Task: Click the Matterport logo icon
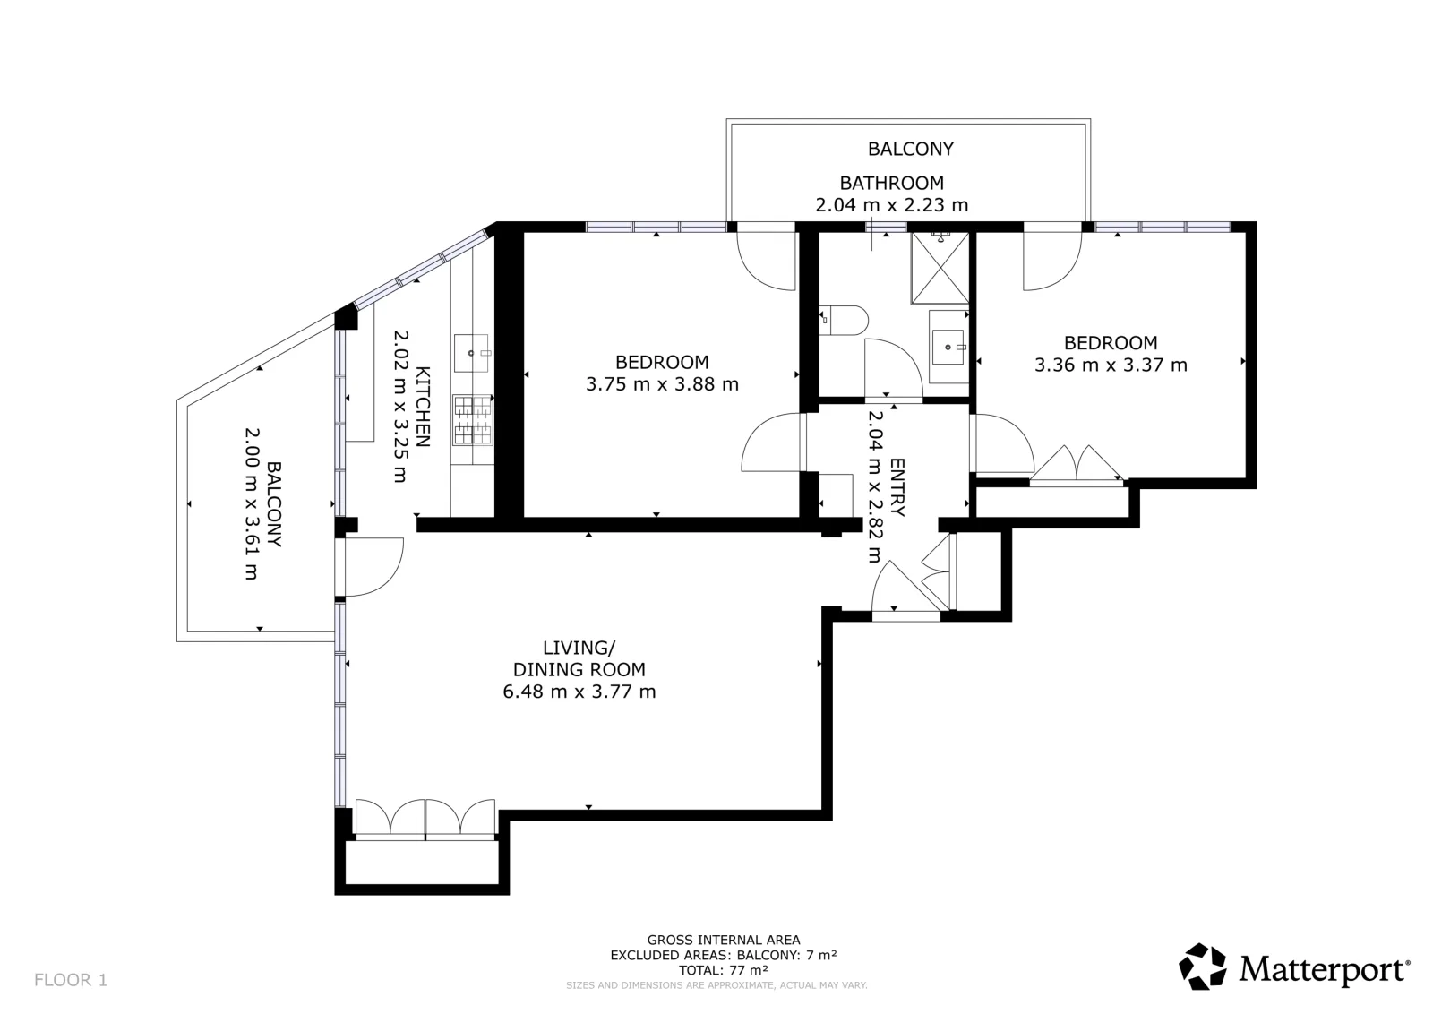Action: point(1202,966)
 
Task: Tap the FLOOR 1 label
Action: point(71,980)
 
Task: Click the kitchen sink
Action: point(471,353)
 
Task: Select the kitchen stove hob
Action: point(473,420)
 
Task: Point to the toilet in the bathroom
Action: point(843,320)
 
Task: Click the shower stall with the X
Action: point(940,268)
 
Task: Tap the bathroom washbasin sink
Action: point(948,347)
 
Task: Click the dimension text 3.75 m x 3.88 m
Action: point(662,384)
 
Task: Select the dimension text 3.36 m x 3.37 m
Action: point(1111,365)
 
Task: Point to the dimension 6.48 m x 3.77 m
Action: point(579,692)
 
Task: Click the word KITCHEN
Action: point(423,407)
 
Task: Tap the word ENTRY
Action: point(897,487)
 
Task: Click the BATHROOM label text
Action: point(892,183)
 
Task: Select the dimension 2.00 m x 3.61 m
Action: point(252,504)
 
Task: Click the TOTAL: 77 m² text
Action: point(724,970)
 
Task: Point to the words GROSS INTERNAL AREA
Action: point(724,940)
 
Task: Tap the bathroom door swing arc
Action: point(893,367)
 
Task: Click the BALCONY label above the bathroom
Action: point(910,149)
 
